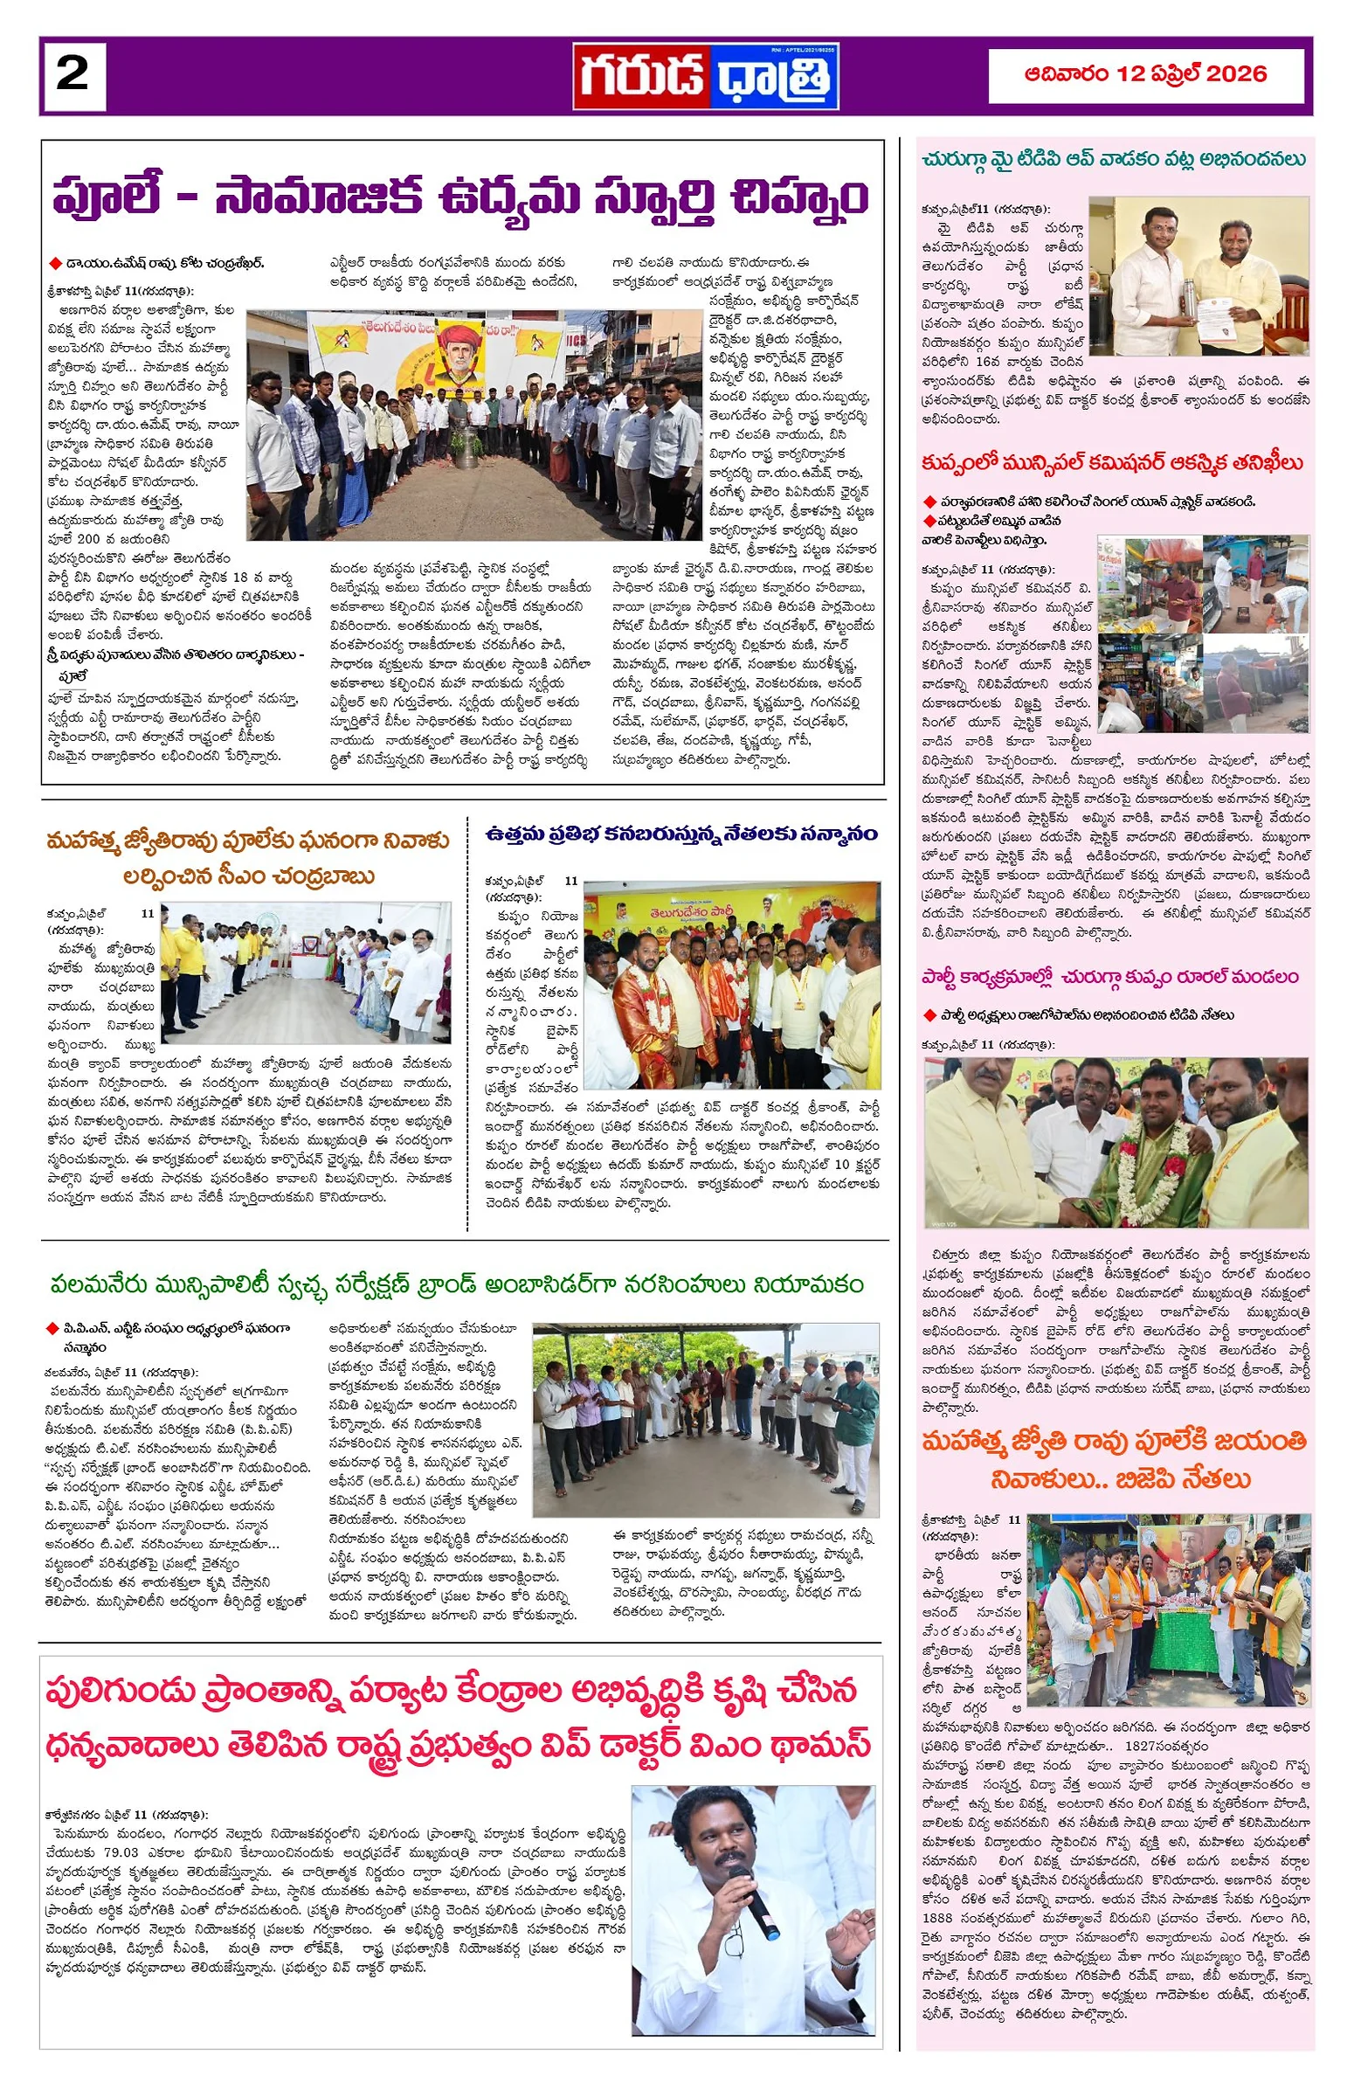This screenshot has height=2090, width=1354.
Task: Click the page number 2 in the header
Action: [x=72, y=74]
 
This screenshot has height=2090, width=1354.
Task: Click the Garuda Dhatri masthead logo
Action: [x=707, y=75]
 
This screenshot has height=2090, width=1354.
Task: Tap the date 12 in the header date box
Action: [x=1133, y=73]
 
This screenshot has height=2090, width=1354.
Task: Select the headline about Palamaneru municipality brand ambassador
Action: [x=458, y=1284]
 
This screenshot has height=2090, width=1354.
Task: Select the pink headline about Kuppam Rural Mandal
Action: [x=1109, y=976]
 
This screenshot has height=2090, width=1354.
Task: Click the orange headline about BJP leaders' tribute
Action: [x=1114, y=1459]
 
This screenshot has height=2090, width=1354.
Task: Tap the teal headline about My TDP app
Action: [x=1113, y=160]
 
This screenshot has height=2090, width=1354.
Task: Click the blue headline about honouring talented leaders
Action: [x=682, y=832]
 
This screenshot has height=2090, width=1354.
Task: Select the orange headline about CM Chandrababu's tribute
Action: [x=248, y=857]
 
